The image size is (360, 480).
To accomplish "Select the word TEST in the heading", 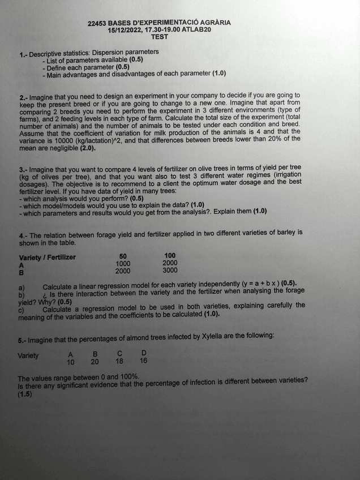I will click(159, 37).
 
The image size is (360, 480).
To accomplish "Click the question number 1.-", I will click(23, 54).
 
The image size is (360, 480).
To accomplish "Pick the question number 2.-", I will click(23, 97).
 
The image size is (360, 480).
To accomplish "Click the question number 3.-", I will click(23, 169).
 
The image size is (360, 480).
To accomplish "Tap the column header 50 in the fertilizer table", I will click(123, 256).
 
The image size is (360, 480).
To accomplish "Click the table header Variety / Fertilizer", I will click(48, 258).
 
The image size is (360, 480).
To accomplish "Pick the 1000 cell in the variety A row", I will click(123, 263).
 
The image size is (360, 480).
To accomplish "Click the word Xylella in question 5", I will click(213, 336).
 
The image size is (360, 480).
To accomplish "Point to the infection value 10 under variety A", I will click(71, 362).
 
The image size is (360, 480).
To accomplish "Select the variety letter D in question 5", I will click(144, 353).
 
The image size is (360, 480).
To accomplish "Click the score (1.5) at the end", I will click(25, 395).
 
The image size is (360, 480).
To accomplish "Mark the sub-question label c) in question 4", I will click(22, 309).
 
